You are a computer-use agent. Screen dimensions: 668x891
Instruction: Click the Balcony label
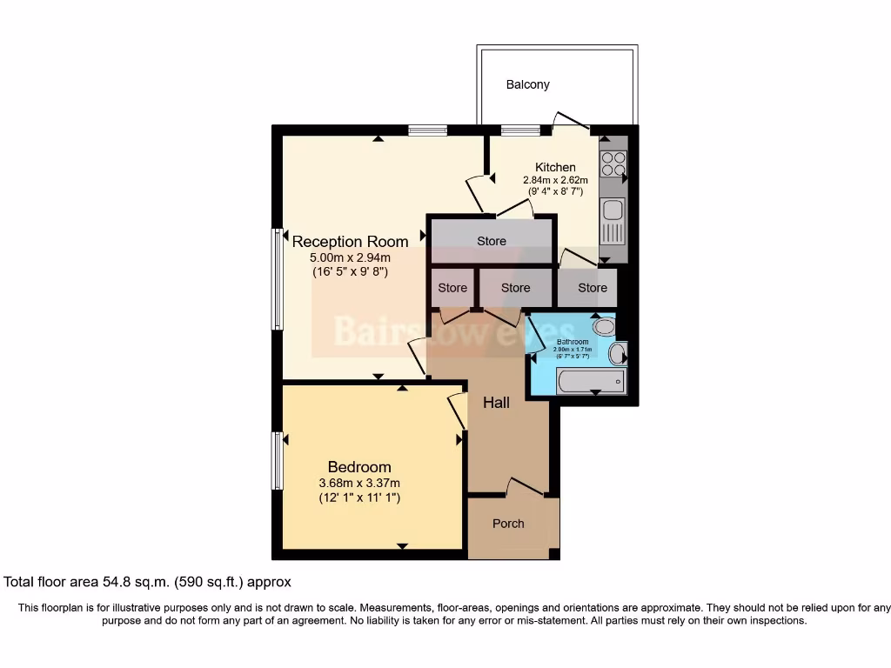(527, 84)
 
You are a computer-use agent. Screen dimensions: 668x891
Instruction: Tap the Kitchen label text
(555, 167)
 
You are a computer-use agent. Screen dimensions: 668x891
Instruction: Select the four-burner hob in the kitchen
(613, 164)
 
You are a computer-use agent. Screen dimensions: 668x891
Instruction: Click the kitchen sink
(613, 210)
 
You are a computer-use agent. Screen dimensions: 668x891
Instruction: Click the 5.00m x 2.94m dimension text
(350, 257)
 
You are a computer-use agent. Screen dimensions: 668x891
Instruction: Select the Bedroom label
(359, 467)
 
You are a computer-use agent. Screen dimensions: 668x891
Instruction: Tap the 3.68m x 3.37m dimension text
(359, 483)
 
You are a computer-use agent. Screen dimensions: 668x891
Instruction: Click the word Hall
(496, 403)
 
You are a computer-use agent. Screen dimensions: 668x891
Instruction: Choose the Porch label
(508, 524)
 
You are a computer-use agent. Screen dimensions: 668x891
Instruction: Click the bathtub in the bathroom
(591, 381)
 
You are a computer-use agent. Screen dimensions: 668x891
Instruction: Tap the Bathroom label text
(573, 342)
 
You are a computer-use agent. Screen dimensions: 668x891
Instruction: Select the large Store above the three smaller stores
(492, 241)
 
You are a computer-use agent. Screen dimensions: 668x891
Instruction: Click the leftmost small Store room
(452, 287)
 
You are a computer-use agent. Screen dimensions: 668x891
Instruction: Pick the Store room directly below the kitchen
(593, 287)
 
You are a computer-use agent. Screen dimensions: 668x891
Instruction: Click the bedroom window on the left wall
(278, 461)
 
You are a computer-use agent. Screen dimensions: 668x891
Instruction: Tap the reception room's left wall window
(278, 279)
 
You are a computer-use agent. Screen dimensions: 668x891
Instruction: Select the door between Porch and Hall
(525, 487)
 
